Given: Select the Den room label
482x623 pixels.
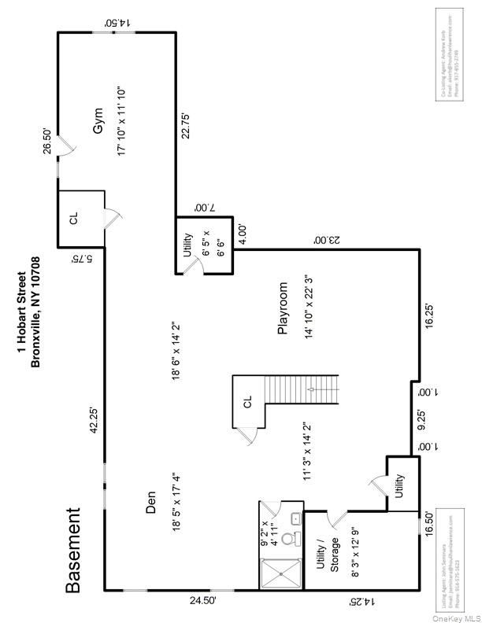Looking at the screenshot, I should pos(151,503).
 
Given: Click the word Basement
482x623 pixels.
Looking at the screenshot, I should pos(72,549).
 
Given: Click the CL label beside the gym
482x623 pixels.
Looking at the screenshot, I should pos(73,219).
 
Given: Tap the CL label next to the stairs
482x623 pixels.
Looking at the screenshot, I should pos(247,403).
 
